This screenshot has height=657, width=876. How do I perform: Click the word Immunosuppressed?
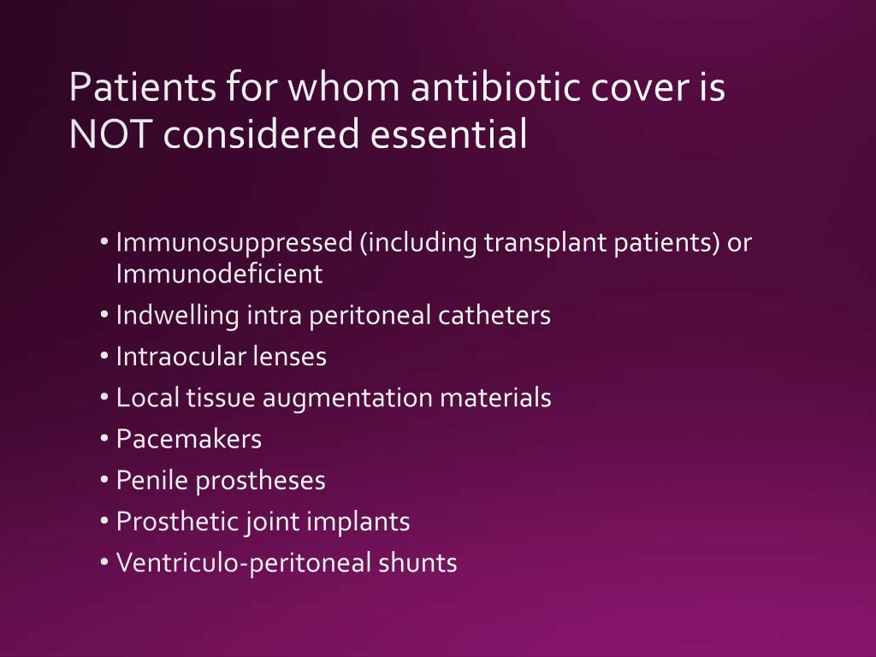[234, 244]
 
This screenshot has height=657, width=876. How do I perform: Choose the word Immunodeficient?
[219, 275]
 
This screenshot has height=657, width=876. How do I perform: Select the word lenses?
[289, 357]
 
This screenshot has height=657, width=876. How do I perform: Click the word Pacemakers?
[188, 439]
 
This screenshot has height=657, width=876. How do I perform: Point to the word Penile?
[151, 480]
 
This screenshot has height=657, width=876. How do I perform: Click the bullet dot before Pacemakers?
[104, 439]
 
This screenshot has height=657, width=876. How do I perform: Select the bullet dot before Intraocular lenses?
[104, 356]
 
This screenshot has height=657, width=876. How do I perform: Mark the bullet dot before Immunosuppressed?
[104, 243]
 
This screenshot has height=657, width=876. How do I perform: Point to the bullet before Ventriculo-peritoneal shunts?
[104, 562]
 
